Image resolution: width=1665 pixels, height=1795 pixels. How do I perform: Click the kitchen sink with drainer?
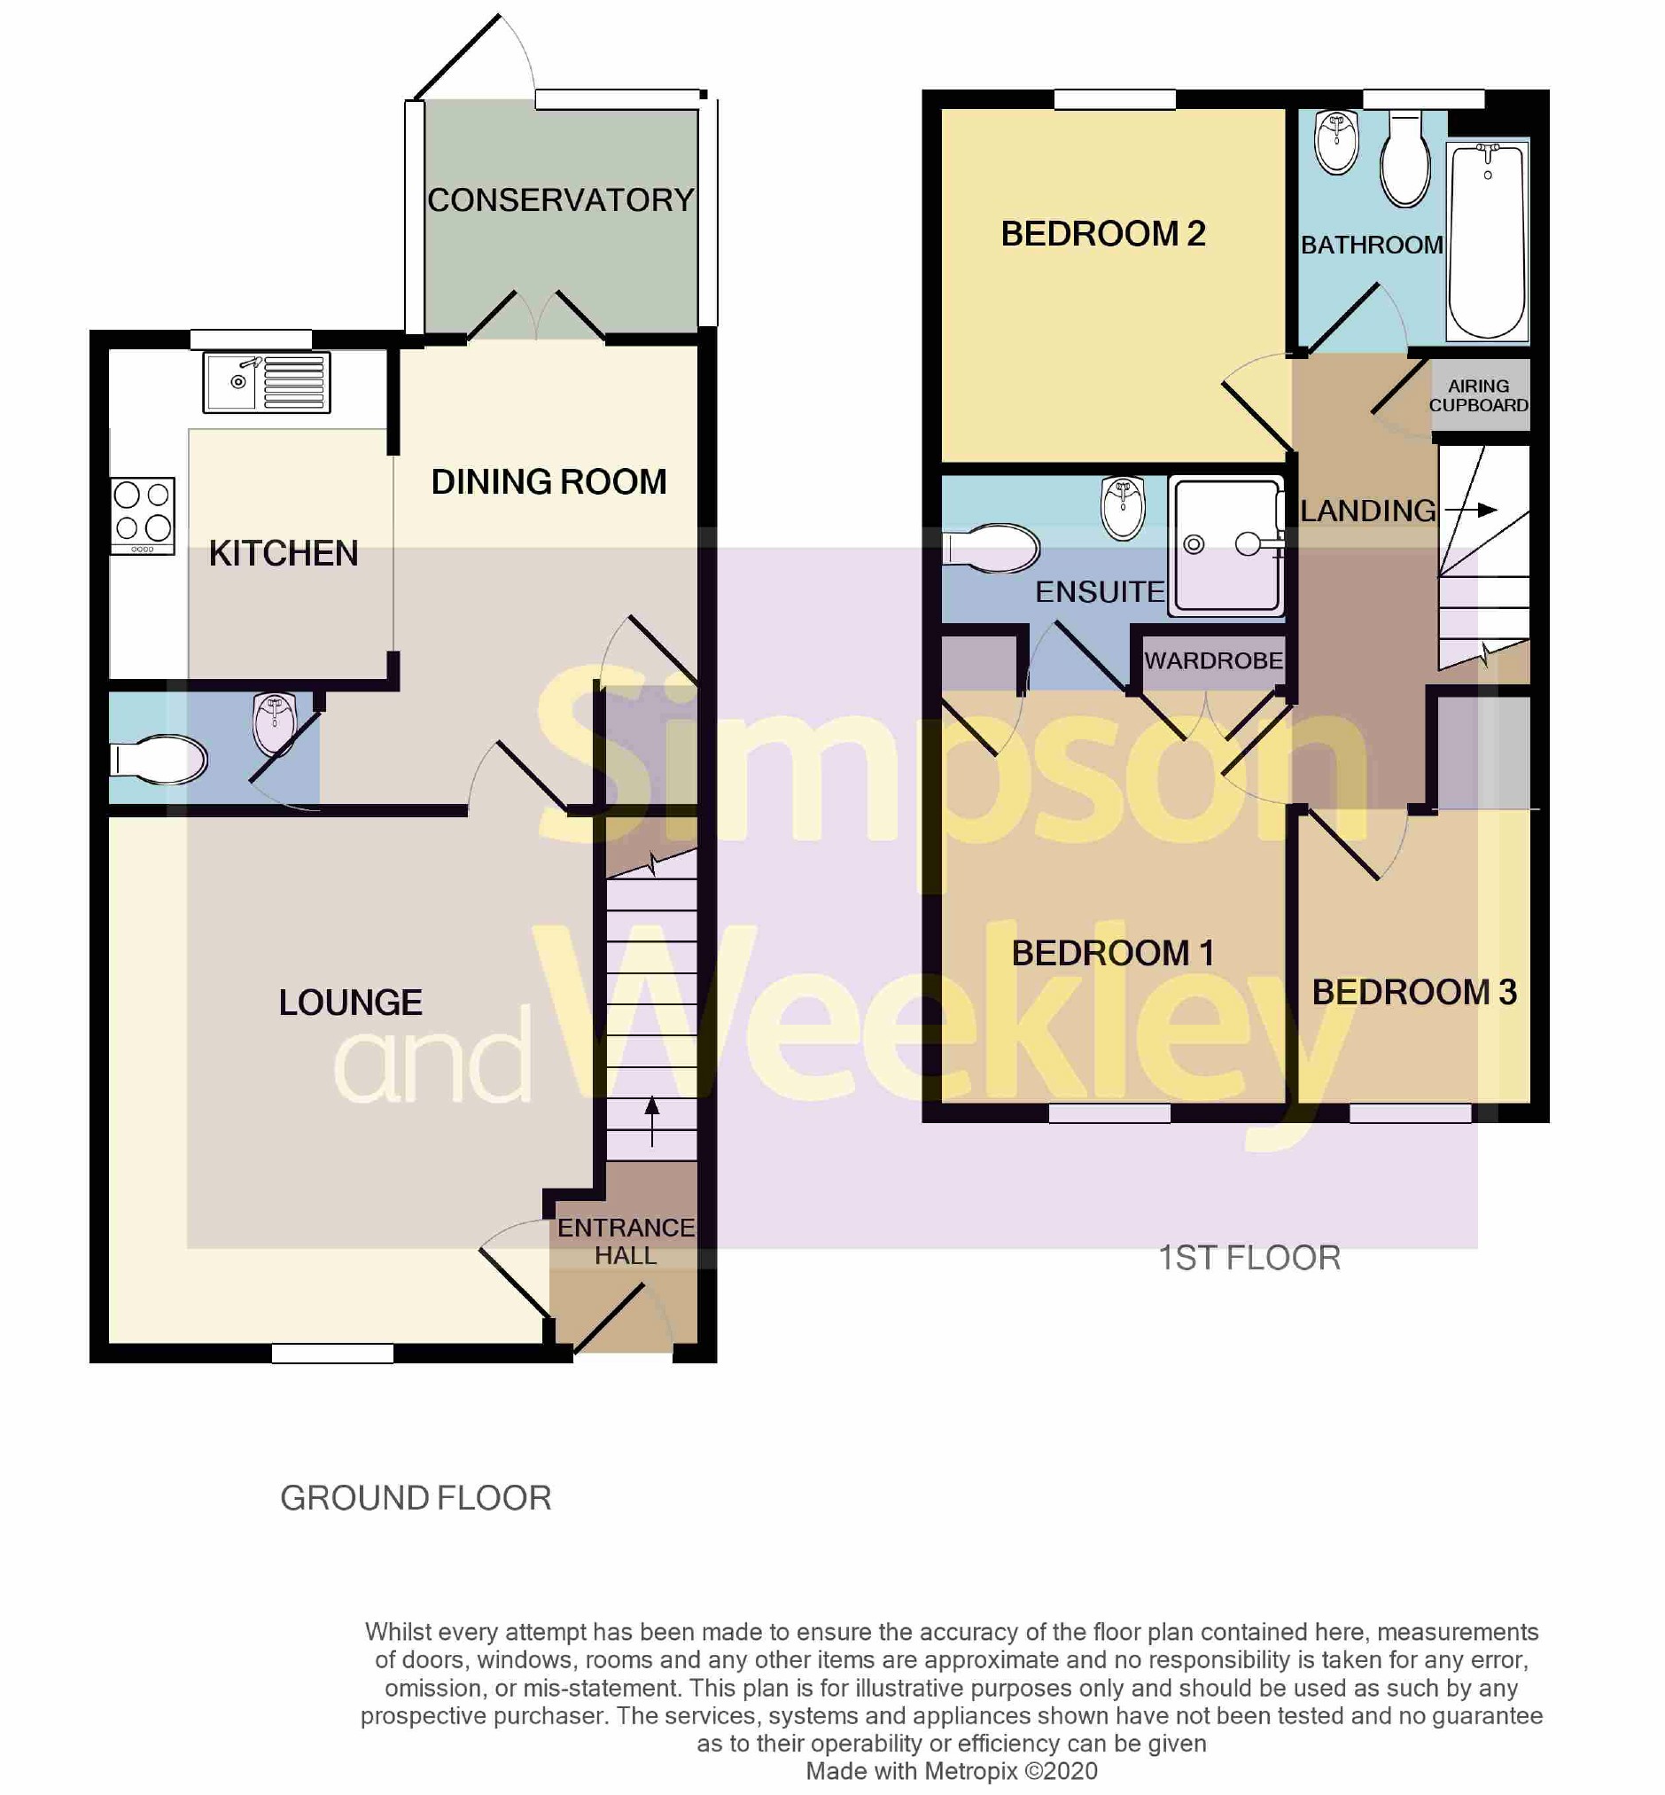(x=266, y=382)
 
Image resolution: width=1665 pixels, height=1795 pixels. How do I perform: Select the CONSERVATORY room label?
(x=559, y=200)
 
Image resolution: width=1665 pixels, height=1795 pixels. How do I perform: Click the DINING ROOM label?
(x=549, y=482)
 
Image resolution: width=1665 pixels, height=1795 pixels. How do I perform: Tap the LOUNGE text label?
(x=350, y=1002)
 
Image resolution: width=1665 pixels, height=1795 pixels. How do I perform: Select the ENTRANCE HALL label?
(x=626, y=1241)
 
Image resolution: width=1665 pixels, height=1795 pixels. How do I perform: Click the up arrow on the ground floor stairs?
(x=651, y=1120)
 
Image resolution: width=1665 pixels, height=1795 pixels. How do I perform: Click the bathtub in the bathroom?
(x=1487, y=241)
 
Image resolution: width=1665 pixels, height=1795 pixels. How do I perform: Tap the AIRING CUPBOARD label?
(x=1479, y=395)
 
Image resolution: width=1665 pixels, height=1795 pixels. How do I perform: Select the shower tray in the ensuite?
(x=1226, y=546)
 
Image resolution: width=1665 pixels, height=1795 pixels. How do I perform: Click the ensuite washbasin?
(x=1123, y=508)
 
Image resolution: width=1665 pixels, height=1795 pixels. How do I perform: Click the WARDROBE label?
(x=1213, y=660)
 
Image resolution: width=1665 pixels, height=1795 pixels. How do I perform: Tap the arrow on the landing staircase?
(x=1471, y=510)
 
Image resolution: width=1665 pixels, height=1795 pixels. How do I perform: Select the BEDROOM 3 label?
(x=1413, y=992)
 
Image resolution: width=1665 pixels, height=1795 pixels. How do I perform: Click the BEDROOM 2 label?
(x=1103, y=234)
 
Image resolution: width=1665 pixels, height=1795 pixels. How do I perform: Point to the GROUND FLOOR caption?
(x=416, y=1498)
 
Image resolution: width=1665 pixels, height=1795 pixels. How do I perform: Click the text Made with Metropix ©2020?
(x=951, y=1771)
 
